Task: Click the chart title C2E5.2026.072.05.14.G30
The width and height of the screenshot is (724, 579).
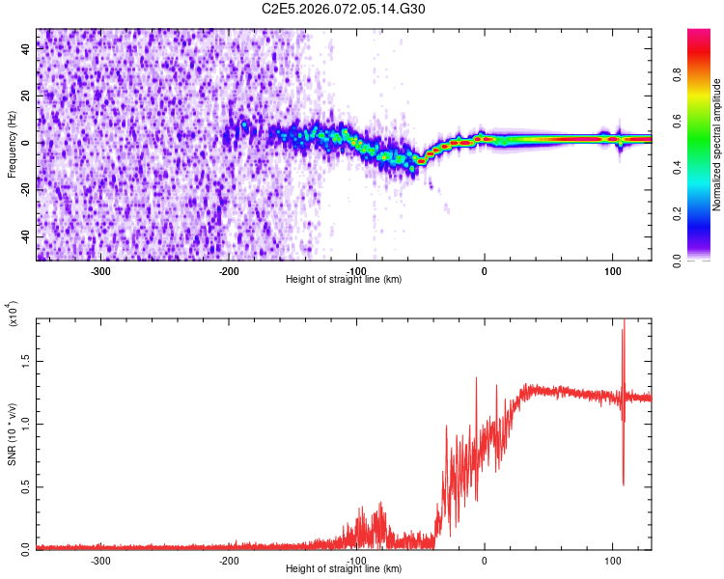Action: click(x=345, y=9)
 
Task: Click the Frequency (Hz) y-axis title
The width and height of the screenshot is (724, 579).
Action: click(x=12, y=146)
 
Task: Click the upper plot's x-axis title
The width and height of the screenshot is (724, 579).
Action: click(x=344, y=279)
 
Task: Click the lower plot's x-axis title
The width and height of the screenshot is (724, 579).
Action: click(x=344, y=568)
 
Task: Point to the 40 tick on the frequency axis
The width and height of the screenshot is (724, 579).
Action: click(x=25, y=50)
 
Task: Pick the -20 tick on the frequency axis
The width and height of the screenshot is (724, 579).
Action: click(x=25, y=190)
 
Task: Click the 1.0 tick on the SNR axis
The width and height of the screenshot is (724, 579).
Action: click(x=25, y=423)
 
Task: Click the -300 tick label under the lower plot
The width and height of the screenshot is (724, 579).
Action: click(x=100, y=559)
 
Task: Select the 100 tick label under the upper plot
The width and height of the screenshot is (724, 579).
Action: click(x=612, y=270)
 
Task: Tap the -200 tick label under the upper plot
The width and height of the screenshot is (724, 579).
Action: click(x=228, y=270)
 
